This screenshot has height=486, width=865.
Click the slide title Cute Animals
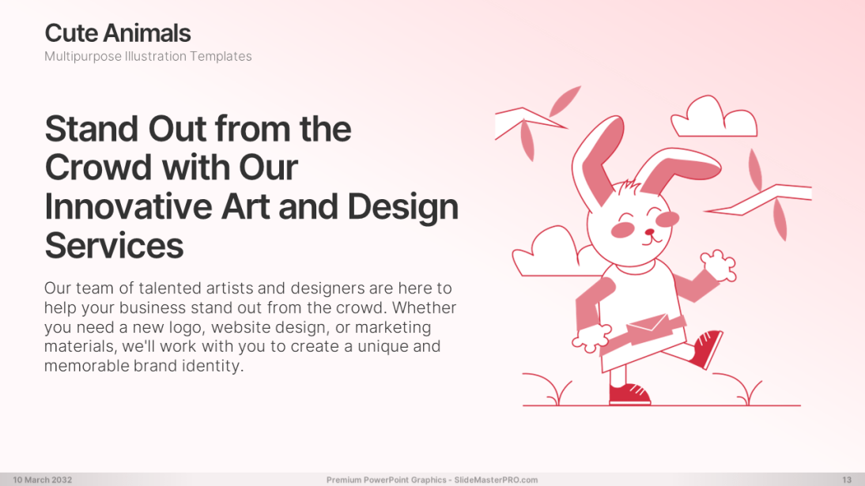click(118, 33)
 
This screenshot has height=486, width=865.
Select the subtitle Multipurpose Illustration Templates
click(148, 56)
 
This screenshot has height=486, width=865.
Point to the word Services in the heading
click(114, 245)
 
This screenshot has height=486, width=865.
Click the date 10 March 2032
click(42, 480)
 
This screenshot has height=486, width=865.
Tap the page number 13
click(846, 480)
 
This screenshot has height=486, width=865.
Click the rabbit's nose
click(650, 232)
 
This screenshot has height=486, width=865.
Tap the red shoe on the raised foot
click(705, 348)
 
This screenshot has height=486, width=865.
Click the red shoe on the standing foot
click(629, 393)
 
